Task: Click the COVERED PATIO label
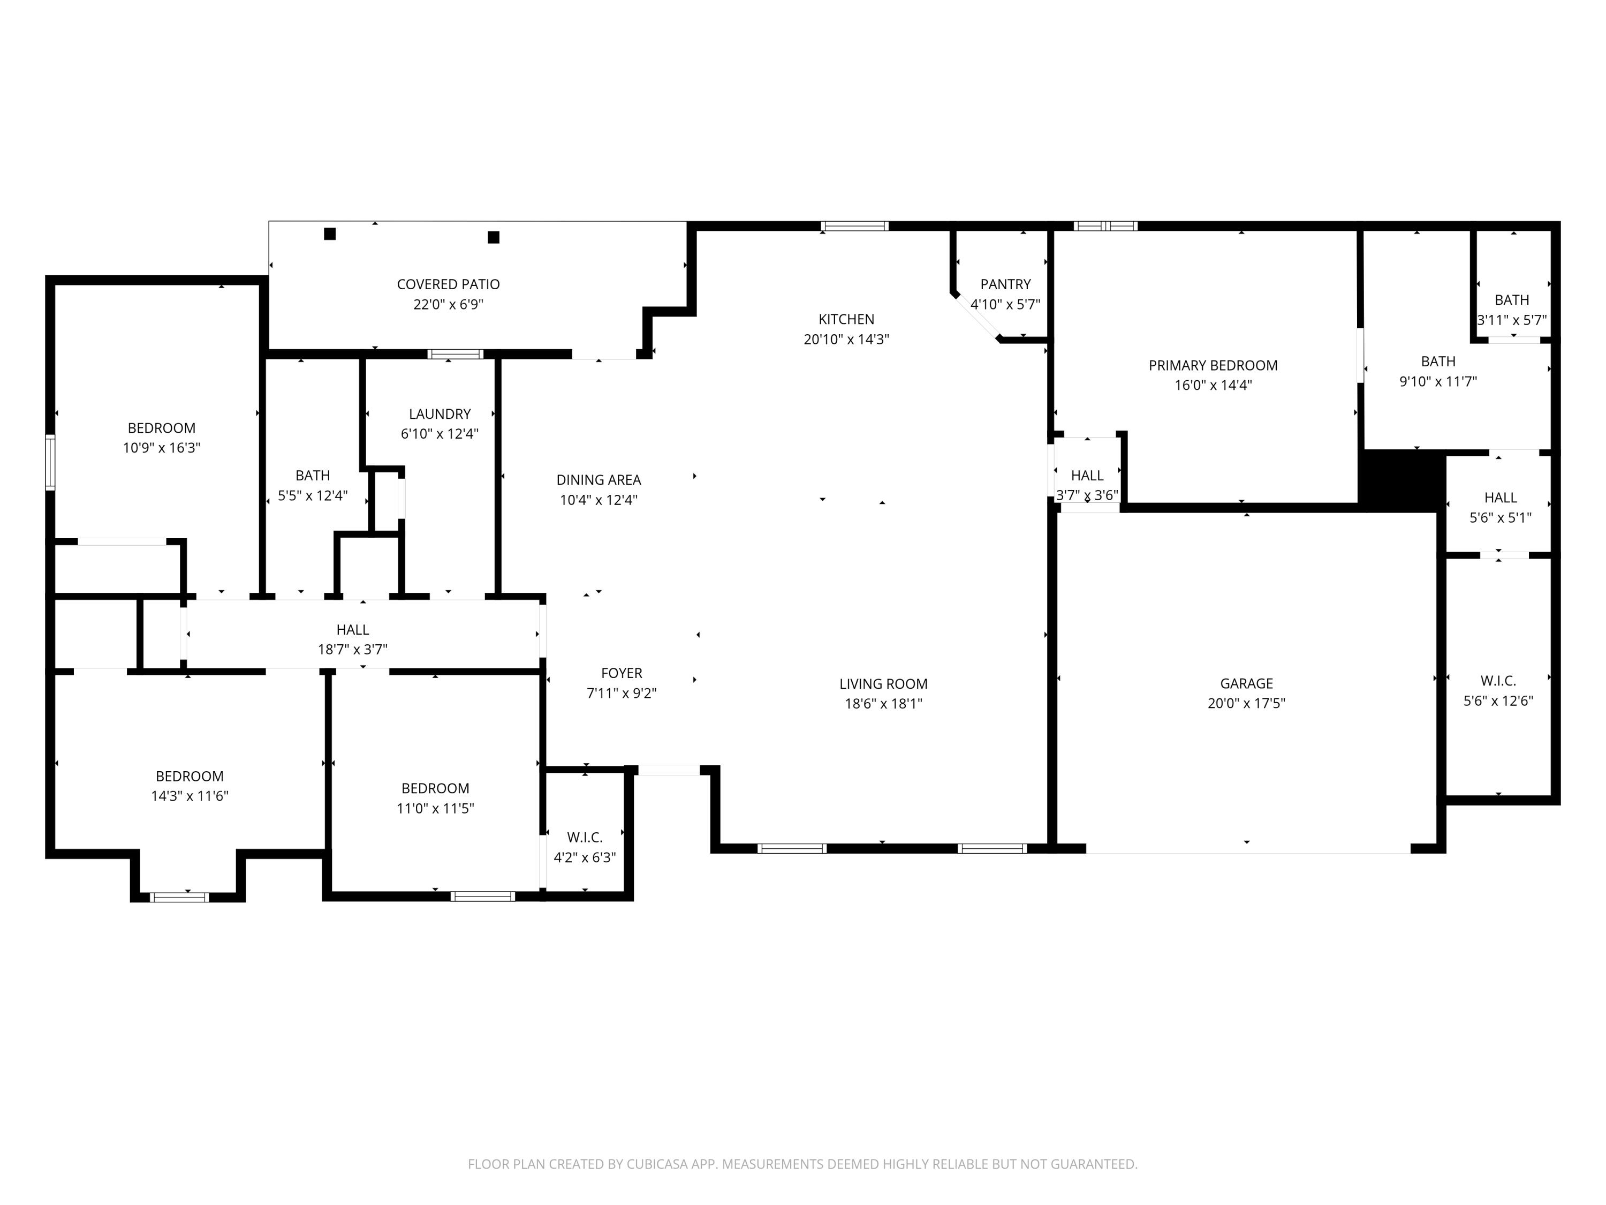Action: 448,284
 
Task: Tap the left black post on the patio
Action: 330,234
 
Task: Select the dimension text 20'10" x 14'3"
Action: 846,339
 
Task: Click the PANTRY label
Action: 1005,284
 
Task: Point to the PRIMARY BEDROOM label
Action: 1213,365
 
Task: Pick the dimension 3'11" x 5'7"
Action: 1512,320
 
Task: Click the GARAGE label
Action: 1246,683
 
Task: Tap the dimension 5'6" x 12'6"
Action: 1498,701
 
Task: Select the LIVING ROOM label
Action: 883,683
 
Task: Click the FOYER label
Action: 622,673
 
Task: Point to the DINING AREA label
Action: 599,479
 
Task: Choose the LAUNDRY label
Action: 440,414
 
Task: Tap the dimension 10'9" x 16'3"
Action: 161,447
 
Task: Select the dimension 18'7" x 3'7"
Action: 352,649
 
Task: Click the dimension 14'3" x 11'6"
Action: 190,796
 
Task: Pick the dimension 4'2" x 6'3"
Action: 585,857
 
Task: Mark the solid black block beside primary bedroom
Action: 1398,479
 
